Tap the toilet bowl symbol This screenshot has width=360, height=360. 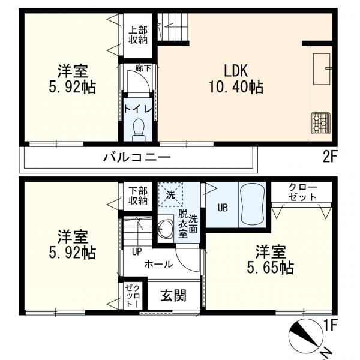[139, 128]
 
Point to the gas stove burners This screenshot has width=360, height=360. [320, 122]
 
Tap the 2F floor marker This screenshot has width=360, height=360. [331, 158]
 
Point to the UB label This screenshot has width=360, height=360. [222, 208]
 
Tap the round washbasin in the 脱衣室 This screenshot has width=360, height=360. [165, 227]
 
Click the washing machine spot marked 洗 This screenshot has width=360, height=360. [170, 195]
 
